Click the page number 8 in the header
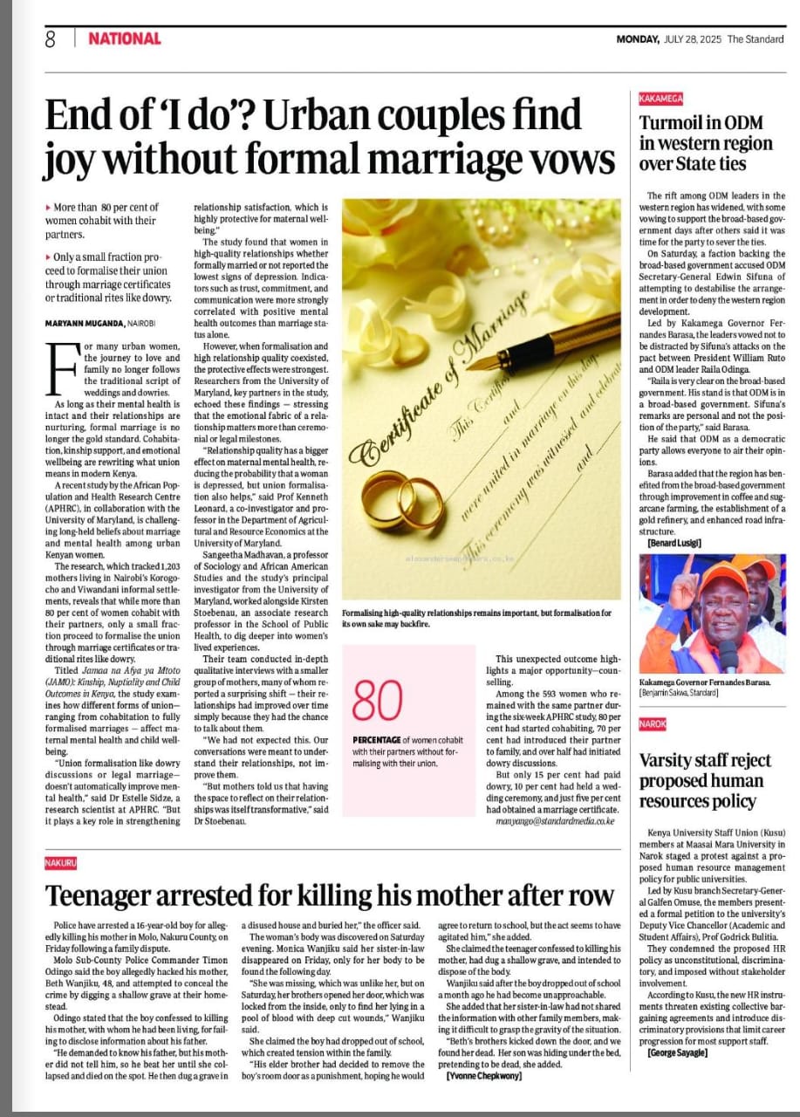[x=51, y=38]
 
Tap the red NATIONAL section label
[x=125, y=38]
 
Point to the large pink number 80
[x=378, y=701]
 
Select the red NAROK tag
[x=653, y=724]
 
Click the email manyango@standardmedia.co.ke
[x=555, y=821]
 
